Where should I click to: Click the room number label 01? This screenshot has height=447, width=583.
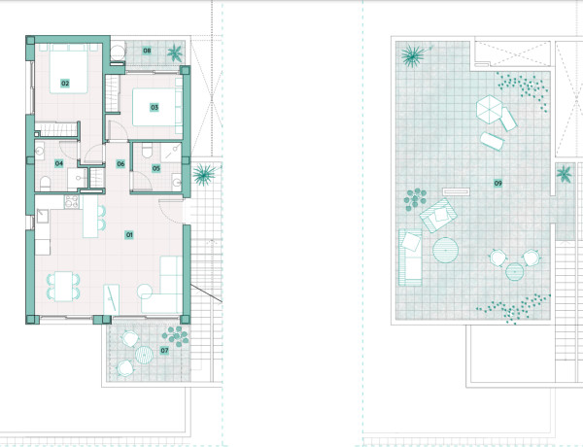(x=128, y=234)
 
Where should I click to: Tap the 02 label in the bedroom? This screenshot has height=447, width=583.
(x=65, y=84)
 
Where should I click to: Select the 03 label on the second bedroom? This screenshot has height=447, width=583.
(x=154, y=108)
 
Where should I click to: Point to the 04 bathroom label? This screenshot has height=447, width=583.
(x=59, y=163)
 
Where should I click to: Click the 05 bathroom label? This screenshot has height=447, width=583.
(x=156, y=168)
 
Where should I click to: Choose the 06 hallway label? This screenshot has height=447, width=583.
(x=120, y=163)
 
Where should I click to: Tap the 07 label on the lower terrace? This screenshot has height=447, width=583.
(x=164, y=349)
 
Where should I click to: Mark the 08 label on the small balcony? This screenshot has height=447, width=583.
(x=147, y=50)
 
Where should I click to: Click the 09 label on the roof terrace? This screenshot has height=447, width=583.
(x=497, y=182)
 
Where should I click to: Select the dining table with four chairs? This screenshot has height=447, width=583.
(x=64, y=286)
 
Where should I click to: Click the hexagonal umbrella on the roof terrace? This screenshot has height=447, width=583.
(x=488, y=109)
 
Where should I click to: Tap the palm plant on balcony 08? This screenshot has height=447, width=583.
(x=175, y=52)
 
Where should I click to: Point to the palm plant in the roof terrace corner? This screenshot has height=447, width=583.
(x=412, y=54)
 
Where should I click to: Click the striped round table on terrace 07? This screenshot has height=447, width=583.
(x=143, y=355)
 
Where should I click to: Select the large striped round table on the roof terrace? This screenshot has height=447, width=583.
(x=445, y=251)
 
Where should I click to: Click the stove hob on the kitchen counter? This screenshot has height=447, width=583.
(x=70, y=201)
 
